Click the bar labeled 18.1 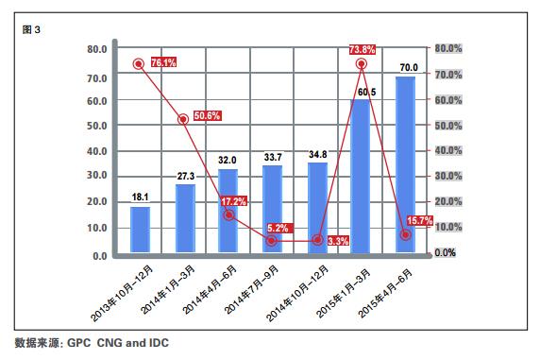point(140,231)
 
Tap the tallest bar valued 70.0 point(405,165)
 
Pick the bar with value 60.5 point(361,177)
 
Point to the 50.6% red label point(207,116)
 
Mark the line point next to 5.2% point(273,240)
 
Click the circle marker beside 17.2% point(228,215)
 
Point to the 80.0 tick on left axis point(95,49)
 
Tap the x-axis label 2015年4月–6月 point(386,293)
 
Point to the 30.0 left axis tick point(95,177)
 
